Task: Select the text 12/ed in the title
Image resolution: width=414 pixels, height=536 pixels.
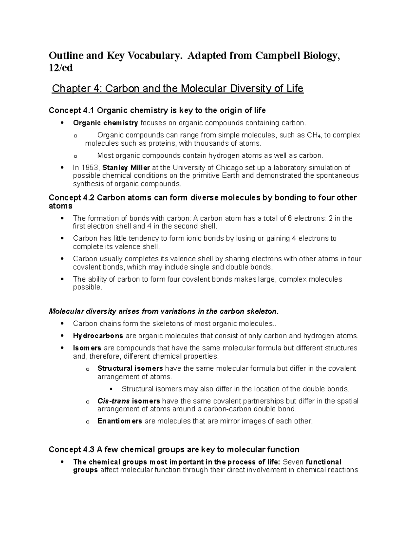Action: [x=61, y=68]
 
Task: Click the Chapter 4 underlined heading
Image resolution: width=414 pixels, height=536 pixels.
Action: [x=177, y=89]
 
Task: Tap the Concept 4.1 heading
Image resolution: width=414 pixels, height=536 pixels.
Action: [x=157, y=110]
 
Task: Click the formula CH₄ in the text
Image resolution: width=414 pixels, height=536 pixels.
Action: [x=314, y=135]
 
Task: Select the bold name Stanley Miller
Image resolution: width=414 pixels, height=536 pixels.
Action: [x=126, y=168]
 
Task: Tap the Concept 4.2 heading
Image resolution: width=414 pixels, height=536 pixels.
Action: [x=203, y=198]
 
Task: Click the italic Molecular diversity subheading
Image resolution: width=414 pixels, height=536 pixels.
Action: [x=163, y=311]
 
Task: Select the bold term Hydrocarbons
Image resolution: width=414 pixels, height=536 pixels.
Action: [x=98, y=336]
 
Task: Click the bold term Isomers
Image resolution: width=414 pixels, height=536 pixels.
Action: [x=87, y=348]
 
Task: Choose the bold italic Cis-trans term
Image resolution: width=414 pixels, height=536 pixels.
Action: [x=114, y=401]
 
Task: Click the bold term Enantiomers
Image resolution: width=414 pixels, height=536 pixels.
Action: [x=120, y=421]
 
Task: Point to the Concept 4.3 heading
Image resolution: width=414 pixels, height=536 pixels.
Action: [x=174, y=449]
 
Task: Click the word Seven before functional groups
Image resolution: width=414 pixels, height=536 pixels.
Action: [x=293, y=462]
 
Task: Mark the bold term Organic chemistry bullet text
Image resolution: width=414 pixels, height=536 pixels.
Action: [x=106, y=123]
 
